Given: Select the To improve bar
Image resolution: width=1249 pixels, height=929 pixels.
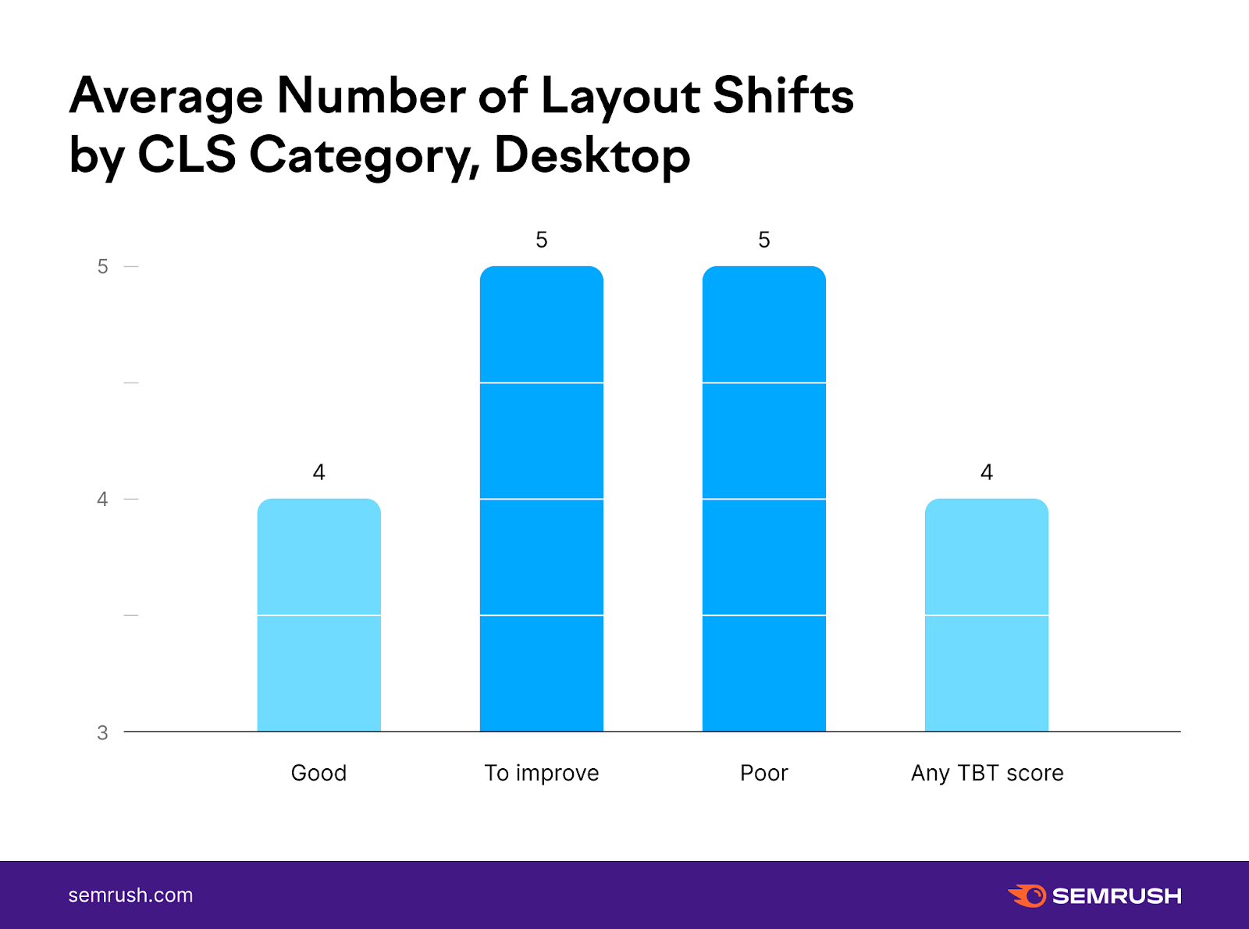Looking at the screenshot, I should pyautogui.click(x=541, y=499).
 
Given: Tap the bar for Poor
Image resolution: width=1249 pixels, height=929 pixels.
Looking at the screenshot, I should pyautogui.click(x=763, y=499).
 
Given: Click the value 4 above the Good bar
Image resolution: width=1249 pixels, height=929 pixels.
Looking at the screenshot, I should pyautogui.click(x=318, y=472).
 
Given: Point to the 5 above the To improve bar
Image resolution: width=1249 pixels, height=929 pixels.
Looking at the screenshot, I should pyautogui.click(x=541, y=240).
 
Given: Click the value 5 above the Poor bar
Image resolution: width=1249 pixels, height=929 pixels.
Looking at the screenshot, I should pyautogui.click(x=763, y=240).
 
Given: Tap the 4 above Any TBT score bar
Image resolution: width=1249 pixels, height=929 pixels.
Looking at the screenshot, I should pyautogui.click(x=986, y=472).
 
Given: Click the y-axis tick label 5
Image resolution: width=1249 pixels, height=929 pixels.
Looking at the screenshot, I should pyautogui.click(x=102, y=267).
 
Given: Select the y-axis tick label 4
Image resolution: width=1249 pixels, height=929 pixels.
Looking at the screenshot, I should pyautogui.click(x=102, y=499).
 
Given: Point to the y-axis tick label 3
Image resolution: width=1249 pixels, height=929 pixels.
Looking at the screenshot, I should pyautogui.click(x=102, y=733).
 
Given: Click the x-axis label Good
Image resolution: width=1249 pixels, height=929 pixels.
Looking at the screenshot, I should pyautogui.click(x=318, y=773).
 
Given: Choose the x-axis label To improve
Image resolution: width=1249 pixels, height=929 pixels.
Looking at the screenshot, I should pyautogui.click(x=541, y=773).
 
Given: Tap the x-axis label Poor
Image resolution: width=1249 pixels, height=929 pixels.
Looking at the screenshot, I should pyautogui.click(x=763, y=773).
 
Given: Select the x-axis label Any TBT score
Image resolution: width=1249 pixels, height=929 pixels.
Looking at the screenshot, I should pyautogui.click(x=987, y=773).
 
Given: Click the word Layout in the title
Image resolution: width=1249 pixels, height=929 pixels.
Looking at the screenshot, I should pyautogui.click(x=620, y=97).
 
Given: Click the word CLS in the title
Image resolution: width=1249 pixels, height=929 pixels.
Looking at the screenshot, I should pyautogui.click(x=187, y=155).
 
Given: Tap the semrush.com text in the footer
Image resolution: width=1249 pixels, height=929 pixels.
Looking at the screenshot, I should pyautogui.click(x=130, y=895).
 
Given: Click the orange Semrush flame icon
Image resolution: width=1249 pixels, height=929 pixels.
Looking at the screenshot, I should pyautogui.click(x=1027, y=895).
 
